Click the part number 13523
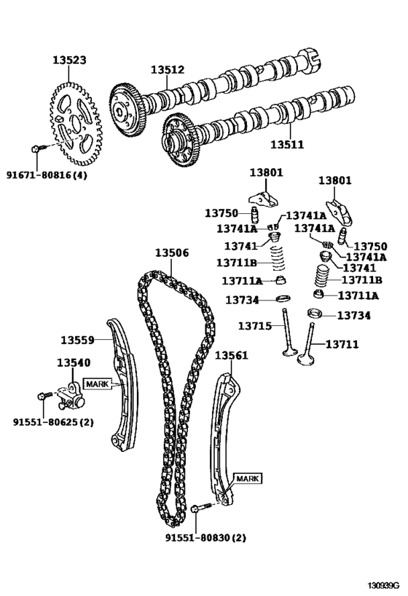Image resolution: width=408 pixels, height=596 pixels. [x=69, y=60]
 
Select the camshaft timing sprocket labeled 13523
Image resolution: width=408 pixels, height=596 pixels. [x=76, y=124]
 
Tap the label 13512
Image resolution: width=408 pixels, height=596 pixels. [x=168, y=70]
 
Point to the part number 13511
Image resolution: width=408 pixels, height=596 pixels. [x=287, y=144]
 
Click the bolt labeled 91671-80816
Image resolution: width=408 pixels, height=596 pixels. [x=39, y=148]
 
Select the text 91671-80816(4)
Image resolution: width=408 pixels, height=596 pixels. [x=47, y=175]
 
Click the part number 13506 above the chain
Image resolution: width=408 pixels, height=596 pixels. [x=172, y=253]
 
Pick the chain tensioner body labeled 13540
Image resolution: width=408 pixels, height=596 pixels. [x=71, y=395]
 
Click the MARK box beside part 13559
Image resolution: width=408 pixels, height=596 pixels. [x=98, y=384]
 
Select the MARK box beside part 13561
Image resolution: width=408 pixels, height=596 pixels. [x=248, y=478]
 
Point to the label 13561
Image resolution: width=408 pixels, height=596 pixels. [x=232, y=355]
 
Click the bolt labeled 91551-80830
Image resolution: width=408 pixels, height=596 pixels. [x=201, y=507]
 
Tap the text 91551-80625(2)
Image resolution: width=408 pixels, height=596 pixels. [x=53, y=422]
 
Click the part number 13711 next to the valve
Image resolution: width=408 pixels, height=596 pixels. [x=342, y=344]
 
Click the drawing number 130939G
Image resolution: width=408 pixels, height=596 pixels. [x=383, y=584]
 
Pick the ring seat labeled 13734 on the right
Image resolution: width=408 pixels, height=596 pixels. [x=314, y=314]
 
